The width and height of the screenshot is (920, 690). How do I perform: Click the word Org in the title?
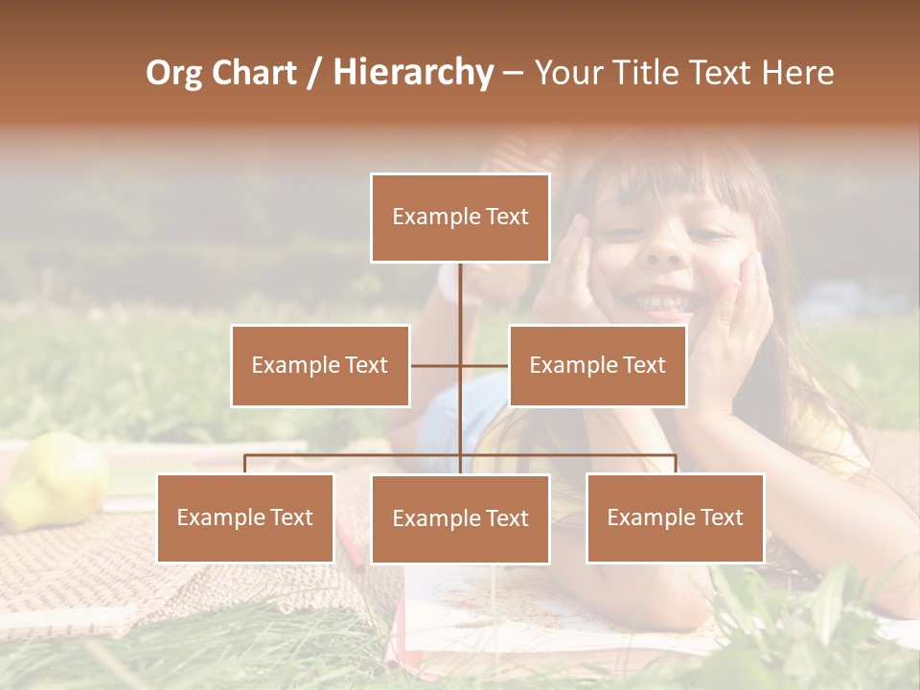(x=173, y=73)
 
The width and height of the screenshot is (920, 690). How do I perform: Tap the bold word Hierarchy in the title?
(x=413, y=73)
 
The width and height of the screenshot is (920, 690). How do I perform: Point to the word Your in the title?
(x=566, y=73)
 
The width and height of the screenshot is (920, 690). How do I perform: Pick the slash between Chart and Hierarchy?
(x=314, y=74)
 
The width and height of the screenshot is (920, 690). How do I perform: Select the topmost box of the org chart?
(x=460, y=218)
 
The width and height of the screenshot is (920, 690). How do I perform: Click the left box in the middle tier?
(x=320, y=365)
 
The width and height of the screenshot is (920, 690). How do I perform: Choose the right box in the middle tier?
(x=597, y=365)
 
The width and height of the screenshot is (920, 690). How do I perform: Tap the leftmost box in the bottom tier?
(x=245, y=517)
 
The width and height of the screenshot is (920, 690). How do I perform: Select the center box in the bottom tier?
(x=460, y=518)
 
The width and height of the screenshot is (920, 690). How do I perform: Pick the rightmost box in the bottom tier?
(x=675, y=517)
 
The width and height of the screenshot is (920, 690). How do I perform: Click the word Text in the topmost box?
(x=506, y=217)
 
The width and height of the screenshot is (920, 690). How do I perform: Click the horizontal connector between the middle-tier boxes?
(x=460, y=365)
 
